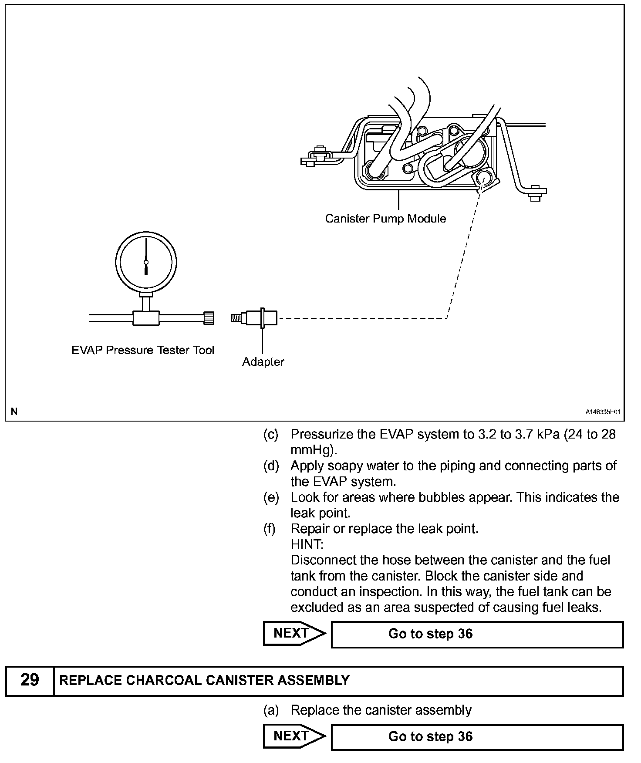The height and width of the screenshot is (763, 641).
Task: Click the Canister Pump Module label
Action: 385,218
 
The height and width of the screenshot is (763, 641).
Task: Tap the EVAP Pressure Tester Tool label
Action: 143,350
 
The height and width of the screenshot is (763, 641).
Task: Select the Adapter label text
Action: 263,361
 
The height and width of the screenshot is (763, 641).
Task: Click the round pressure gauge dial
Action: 146,262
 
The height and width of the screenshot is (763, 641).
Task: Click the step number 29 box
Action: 30,680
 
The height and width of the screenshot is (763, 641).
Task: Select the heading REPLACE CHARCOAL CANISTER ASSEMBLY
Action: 204,680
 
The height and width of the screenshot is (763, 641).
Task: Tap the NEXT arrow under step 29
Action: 294,736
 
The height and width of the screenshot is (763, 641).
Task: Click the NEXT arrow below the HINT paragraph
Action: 294,634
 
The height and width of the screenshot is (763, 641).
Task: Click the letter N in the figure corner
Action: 14,412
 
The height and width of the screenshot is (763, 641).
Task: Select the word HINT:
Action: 307,544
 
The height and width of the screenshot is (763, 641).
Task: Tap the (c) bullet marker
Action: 270,435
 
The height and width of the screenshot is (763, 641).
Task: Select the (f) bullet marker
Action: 270,529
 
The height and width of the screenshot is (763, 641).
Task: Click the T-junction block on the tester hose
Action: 146,318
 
